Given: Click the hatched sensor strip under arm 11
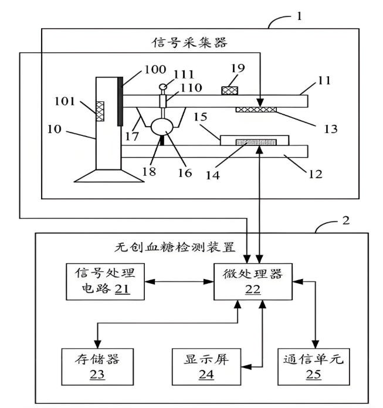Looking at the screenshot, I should point(257,109).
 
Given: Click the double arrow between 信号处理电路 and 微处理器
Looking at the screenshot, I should point(179,281).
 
